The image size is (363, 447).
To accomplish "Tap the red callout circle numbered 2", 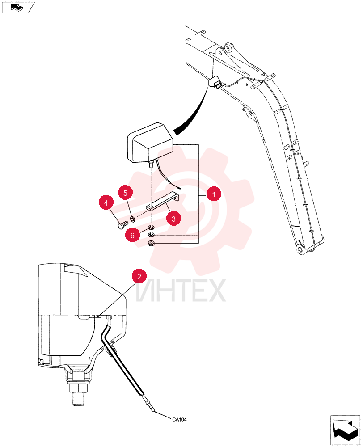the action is (x=139, y=276).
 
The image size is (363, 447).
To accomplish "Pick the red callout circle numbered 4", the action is (x=106, y=202).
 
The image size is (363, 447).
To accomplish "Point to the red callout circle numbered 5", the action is (x=126, y=193).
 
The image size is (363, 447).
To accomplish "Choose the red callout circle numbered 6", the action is (x=132, y=235).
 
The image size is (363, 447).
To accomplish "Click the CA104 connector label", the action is (x=179, y=419).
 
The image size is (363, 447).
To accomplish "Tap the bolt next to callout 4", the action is (x=122, y=225).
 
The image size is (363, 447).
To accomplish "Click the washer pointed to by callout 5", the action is (x=133, y=219).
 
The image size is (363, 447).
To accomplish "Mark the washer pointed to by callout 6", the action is (x=151, y=227).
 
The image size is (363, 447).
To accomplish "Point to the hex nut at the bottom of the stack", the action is (x=151, y=243).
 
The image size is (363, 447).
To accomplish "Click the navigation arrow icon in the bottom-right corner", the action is (x=345, y=430).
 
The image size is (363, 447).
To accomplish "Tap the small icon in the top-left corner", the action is (x=18, y=7).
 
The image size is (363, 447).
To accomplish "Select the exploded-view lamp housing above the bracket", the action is (x=149, y=143).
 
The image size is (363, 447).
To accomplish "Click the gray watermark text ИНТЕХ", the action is (x=181, y=291).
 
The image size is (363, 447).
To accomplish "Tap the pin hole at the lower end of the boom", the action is (x=300, y=251).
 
